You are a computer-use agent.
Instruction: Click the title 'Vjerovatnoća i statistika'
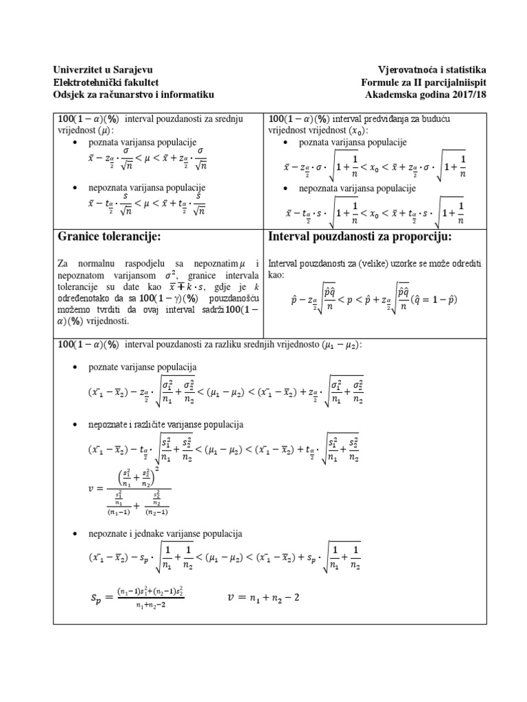tap(432, 70)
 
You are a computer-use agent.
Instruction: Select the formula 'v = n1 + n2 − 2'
tap(263, 598)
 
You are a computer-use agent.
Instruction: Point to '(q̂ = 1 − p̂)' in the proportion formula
tap(439, 299)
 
